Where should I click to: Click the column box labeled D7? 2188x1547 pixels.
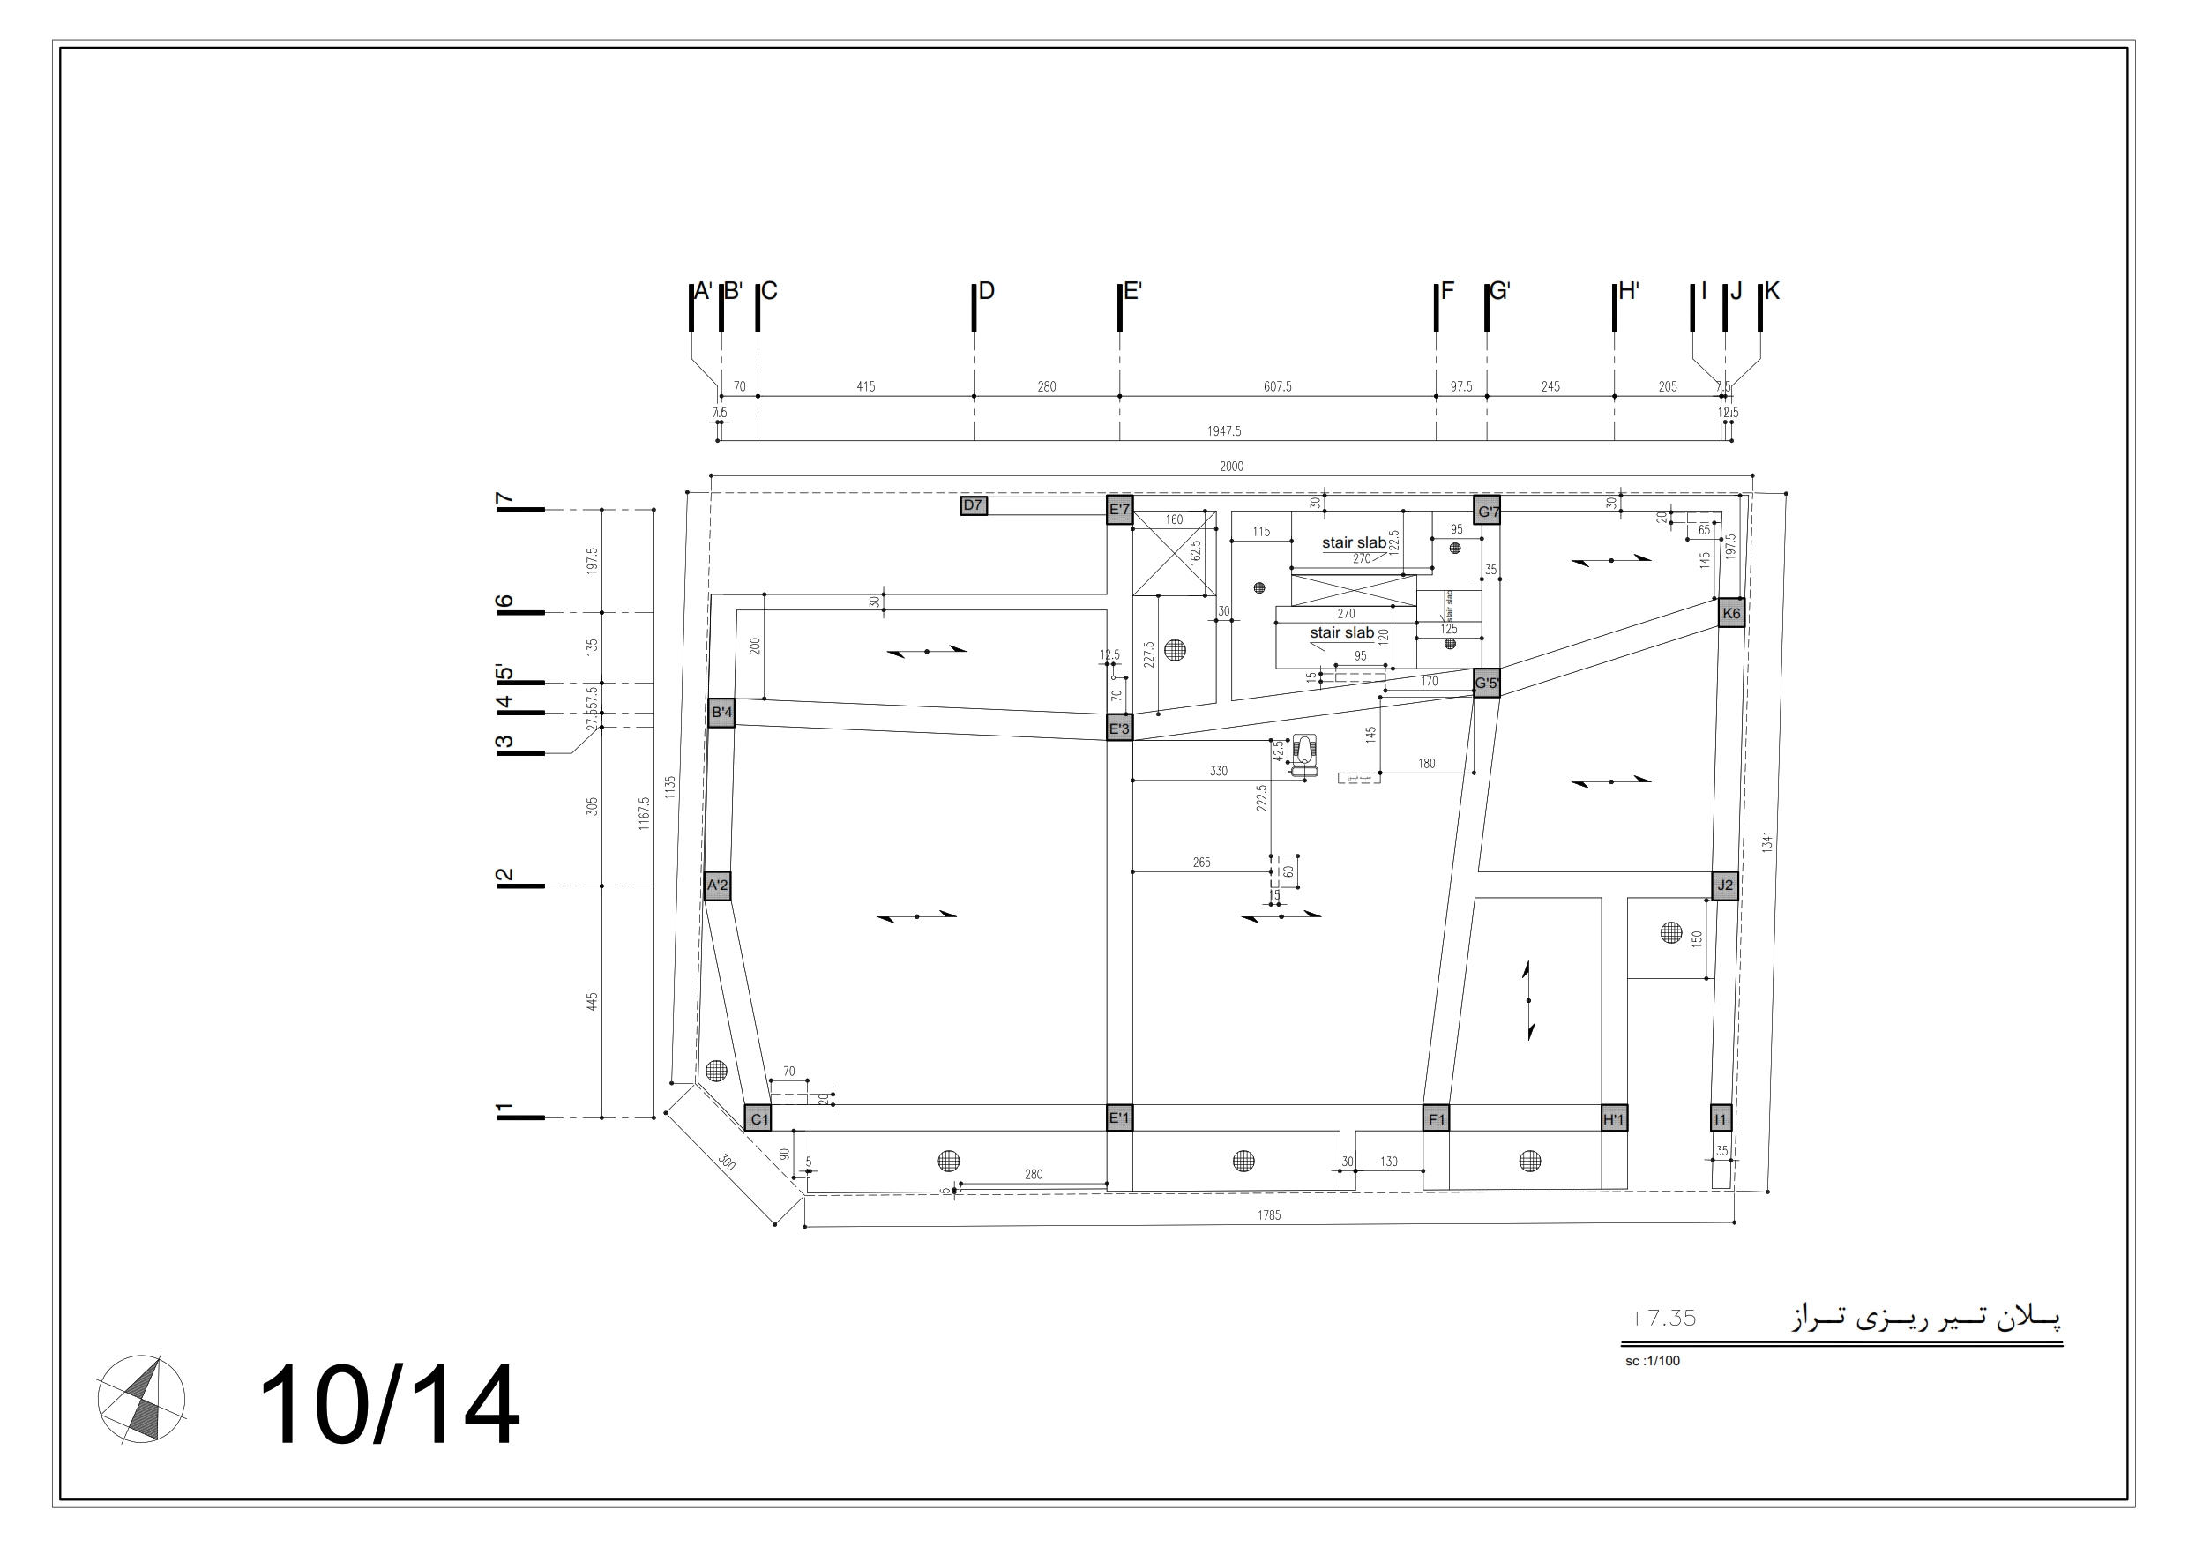(973, 506)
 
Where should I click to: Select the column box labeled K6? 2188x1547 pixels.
(1730, 613)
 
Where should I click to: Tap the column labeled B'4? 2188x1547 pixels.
(721, 712)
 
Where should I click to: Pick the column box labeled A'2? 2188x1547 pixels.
(718, 886)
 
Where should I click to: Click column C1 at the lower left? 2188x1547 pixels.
(758, 1119)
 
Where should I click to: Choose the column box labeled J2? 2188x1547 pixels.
(1725, 886)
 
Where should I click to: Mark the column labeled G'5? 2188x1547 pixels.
(1487, 684)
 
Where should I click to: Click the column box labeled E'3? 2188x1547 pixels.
(1119, 729)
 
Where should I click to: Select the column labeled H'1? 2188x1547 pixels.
(1613, 1119)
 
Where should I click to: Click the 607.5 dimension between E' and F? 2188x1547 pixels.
(1277, 387)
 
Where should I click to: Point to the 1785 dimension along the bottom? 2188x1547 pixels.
(1268, 1215)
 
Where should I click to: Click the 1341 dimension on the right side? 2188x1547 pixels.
(1766, 841)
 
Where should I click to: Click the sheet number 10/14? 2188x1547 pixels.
(389, 1406)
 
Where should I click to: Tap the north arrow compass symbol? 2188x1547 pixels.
(141, 1399)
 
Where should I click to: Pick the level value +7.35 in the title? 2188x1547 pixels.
(1662, 1319)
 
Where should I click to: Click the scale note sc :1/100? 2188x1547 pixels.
(1653, 1361)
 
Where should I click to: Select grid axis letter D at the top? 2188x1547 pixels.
(986, 291)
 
